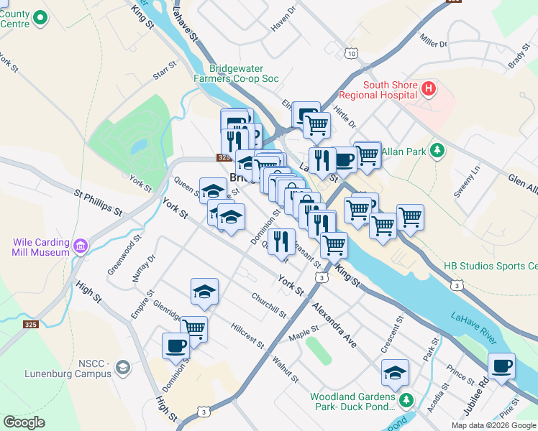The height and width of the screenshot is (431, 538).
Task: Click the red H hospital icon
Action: click(x=429, y=89)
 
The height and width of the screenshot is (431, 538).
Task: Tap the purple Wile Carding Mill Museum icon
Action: click(x=80, y=247)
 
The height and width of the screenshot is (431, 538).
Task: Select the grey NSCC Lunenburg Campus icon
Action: click(x=122, y=368)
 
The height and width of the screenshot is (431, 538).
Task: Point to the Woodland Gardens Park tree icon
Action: click(x=407, y=399)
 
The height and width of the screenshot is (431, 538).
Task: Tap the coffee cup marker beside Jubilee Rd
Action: click(x=501, y=366)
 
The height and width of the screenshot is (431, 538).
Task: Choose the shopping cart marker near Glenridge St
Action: click(x=193, y=328)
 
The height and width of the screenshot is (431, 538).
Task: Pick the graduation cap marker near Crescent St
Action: click(x=395, y=372)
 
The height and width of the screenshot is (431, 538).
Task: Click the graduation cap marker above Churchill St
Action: click(x=204, y=291)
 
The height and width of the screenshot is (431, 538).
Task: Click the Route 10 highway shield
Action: click(x=351, y=54)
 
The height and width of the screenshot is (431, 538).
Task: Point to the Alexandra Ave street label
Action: click(x=334, y=324)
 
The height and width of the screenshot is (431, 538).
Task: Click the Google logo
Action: click(x=24, y=422)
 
